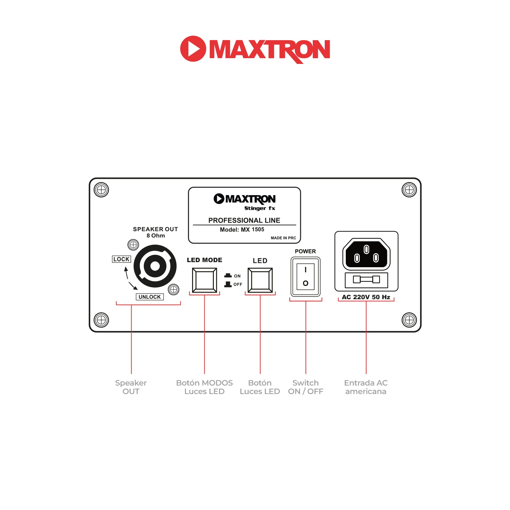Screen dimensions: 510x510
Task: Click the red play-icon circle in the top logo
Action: coord(193,49)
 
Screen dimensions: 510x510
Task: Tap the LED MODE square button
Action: coord(204,280)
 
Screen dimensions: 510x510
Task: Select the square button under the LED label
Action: coord(260,280)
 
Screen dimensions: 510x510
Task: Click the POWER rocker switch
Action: coord(305,276)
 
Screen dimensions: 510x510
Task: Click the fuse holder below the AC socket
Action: coord(366,279)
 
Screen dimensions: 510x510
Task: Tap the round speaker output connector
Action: coord(155,266)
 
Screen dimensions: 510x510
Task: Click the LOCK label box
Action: coord(121,259)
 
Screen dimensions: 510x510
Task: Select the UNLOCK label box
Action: coord(150,297)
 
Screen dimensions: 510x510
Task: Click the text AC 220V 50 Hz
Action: coord(366,297)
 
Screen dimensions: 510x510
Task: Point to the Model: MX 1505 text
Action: coord(242,230)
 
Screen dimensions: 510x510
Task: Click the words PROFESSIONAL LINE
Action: coord(244,220)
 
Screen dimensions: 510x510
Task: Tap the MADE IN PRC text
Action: coord(283,238)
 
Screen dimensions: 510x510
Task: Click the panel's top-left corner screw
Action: coord(101,190)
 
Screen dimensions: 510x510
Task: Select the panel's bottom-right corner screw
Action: coord(409,320)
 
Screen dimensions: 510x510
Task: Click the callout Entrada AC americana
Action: coord(366,387)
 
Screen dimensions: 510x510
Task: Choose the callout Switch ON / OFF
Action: coord(306,387)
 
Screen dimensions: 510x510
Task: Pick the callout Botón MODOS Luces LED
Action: coord(204,387)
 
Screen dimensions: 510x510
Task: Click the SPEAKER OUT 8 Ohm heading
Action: coord(155,232)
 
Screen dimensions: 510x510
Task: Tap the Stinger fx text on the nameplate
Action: coord(260,208)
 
